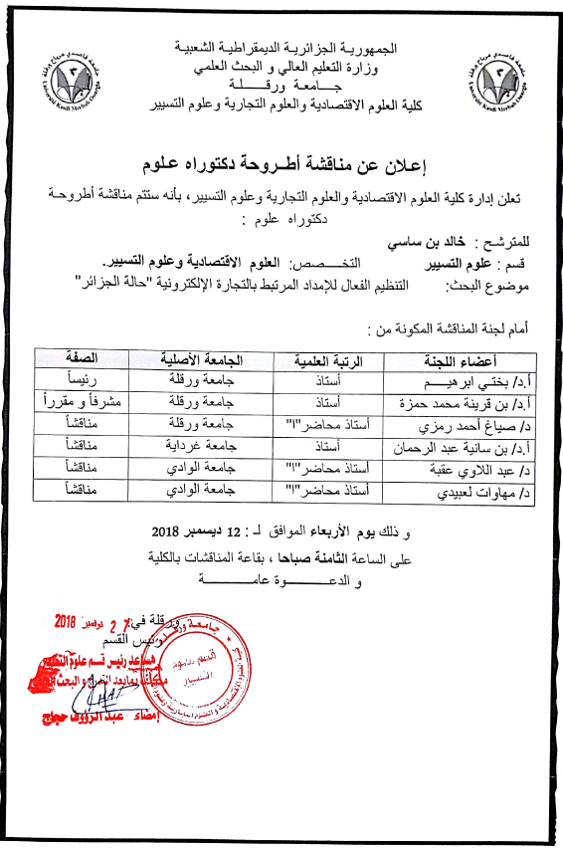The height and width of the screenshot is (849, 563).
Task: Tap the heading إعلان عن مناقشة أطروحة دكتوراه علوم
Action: coord(281,162)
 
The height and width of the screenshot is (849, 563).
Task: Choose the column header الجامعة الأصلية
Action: coord(203,360)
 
